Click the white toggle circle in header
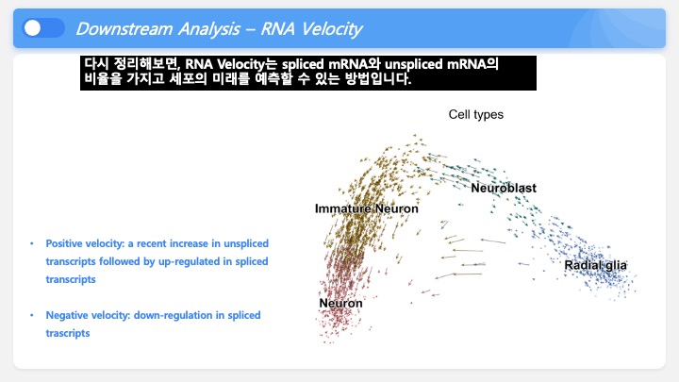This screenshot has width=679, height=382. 32,28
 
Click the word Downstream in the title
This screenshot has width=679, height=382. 124,29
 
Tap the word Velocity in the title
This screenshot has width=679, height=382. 332,29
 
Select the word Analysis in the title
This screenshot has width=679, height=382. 209,29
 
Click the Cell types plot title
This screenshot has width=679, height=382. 476,114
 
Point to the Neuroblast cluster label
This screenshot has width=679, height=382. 504,188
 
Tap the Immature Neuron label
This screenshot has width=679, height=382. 366,208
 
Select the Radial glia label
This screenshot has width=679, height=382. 595,265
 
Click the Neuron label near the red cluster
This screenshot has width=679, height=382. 340,303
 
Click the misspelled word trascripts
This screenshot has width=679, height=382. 68,334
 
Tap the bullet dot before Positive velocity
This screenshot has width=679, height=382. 32,243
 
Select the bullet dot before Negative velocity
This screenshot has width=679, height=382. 32,315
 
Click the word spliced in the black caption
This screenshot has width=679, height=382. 303,64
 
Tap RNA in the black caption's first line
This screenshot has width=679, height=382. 199,64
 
